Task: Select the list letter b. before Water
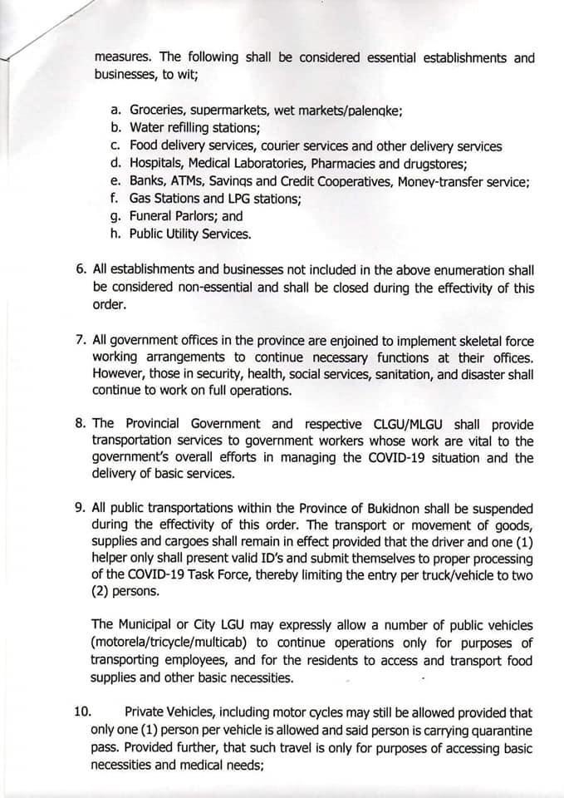[x=115, y=128]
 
